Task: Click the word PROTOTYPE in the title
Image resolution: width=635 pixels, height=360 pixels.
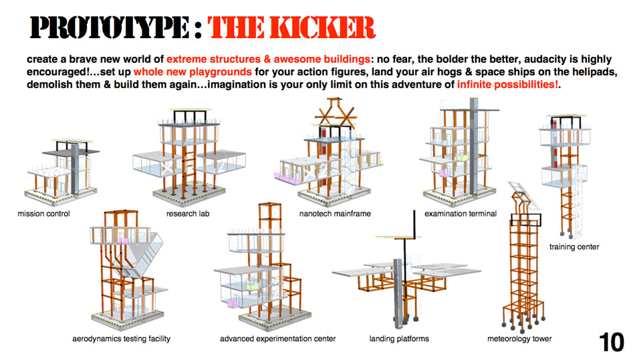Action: point(110,27)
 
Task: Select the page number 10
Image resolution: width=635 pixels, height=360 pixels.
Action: point(611,342)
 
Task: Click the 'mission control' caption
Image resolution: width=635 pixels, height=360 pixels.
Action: point(43,214)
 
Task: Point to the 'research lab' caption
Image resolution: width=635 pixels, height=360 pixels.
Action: point(188,214)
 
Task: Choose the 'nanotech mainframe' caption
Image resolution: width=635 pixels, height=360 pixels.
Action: point(335,214)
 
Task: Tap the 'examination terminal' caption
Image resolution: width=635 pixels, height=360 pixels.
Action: point(461,214)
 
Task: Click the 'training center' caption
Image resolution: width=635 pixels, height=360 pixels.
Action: point(574,246)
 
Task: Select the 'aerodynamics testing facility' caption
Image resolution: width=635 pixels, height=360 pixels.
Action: point(122,339)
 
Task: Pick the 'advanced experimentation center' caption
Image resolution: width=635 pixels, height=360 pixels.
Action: point(278,339)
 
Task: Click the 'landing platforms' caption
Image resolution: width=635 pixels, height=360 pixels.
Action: point(399,339)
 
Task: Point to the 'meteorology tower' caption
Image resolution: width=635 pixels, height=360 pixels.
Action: point(519,339)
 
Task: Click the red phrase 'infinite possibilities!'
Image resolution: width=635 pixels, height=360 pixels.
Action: point(508,85)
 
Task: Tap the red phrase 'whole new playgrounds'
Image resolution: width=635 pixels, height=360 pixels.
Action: point(193,72)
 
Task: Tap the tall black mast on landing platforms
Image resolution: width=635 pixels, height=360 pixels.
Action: point(414,224)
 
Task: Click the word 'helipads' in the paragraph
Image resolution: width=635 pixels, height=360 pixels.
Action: point(596,72)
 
